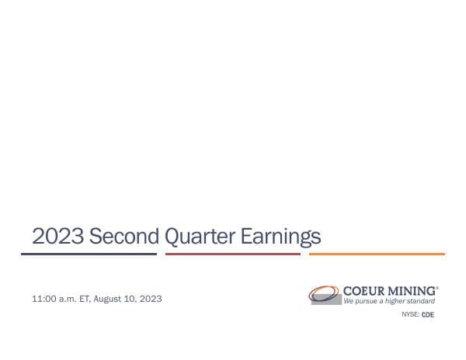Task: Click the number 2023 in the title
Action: tap(57, 236)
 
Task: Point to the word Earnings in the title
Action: tap(280, 236)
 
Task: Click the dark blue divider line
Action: tap(89, 254)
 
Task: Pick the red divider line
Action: tap(233, 254)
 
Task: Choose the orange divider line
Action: tap(377, 254)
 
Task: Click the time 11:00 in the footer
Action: tap(43, 299)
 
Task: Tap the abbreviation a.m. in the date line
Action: tap(68, 299)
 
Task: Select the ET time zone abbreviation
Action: tap(85, 299)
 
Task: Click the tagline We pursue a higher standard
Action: tap(389, 301)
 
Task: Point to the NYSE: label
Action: tap(410, 315)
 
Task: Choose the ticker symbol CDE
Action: tap(428, 315)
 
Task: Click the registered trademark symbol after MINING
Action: tap(437, 287)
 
